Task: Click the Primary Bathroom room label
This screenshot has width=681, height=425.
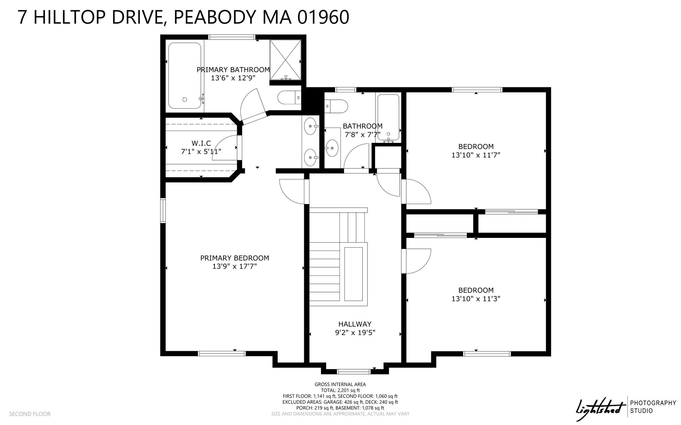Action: point(233,70)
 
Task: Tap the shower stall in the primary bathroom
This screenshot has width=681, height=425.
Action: point(285,60)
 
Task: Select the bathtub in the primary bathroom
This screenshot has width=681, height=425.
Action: point(185,76)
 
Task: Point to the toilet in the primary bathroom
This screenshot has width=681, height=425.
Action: point(289,98)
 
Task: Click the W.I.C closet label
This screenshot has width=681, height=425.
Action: point(201,143)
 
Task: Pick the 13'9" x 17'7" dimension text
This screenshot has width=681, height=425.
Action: point(235,266)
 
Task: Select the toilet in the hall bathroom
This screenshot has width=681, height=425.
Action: point(336,106)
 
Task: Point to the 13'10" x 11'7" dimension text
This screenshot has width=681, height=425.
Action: point(476,155)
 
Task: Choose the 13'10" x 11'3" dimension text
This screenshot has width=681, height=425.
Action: point(476,299)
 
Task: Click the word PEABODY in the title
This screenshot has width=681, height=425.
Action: point(215,17)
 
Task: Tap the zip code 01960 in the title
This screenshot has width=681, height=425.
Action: point(323,17)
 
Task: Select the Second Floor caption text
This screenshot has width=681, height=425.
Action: point(30,414)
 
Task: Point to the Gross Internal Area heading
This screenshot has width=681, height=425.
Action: point(340,384)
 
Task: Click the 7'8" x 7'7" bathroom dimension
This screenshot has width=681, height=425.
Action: point(362,135)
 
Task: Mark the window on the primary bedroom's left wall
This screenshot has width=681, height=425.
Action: point(163,210)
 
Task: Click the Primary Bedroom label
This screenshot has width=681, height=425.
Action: point(235,258)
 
